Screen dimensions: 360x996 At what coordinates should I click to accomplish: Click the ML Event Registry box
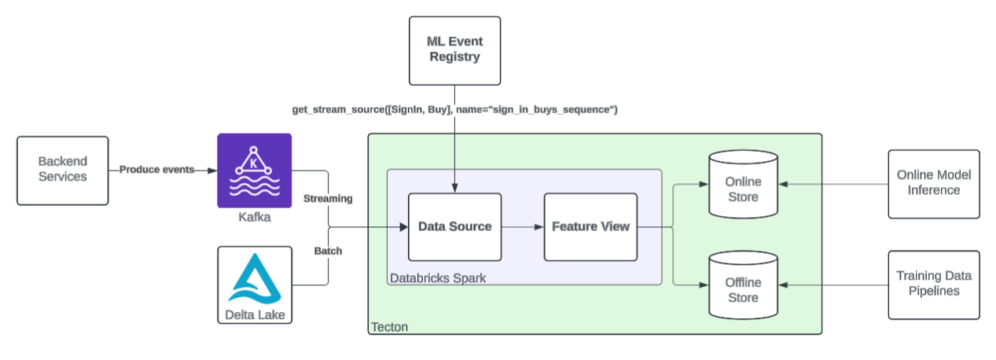(454, 50)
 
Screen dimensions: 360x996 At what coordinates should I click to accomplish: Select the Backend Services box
(62, 170)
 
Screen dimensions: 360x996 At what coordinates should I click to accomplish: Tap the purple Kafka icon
(254, 170)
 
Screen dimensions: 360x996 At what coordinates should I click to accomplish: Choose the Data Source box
(454, 226)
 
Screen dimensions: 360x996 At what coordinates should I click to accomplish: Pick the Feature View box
(590, 226)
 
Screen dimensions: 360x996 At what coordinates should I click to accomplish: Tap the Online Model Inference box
(934, 183)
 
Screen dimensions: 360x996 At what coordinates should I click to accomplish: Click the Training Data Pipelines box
(934, 285)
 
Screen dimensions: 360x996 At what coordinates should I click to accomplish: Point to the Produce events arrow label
(156, 170)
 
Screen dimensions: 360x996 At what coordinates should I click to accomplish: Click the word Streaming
(328, 199)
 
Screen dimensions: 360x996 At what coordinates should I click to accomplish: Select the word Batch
(328, 252)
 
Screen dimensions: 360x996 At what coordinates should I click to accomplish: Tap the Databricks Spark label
(438, 277)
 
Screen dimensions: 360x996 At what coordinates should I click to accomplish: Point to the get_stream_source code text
(454, 109)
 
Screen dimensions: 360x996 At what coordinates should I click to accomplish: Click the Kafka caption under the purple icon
(254, 218)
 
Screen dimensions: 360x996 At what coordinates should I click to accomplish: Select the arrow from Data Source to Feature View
(522, 226)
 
